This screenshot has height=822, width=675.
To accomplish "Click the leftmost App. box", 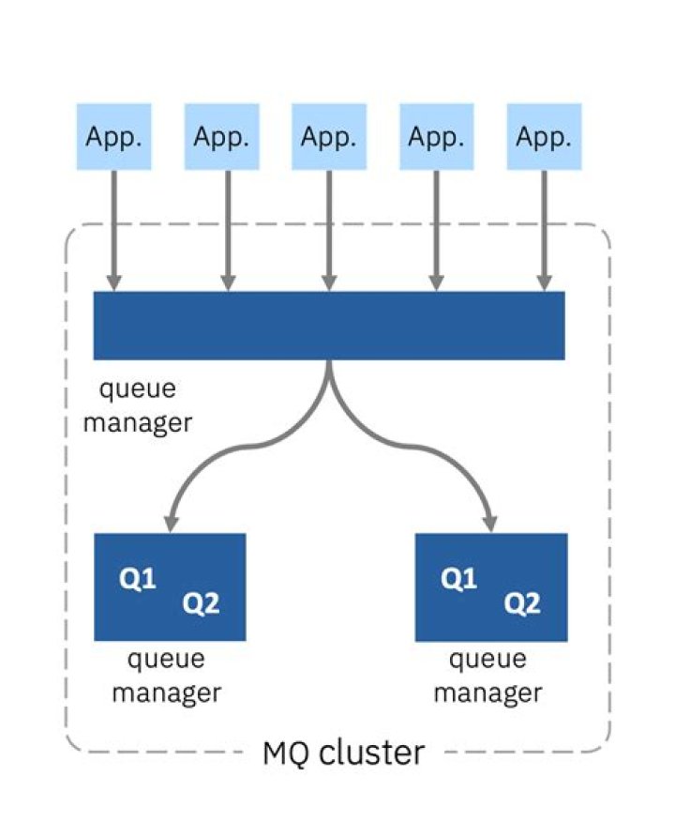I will tap(113, 137).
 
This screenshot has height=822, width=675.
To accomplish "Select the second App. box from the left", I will tap(221, 137).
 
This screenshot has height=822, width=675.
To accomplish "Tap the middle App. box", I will tap(329, 137).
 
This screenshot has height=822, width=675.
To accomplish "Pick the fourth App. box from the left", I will tap(437, 137).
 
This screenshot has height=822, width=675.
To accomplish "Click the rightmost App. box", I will tap(544, 137).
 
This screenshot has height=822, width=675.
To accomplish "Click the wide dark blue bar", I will tap(329, 325).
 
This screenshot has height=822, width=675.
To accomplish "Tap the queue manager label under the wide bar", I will tap(138, 406).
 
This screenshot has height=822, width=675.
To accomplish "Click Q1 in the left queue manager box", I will tap(137, 580).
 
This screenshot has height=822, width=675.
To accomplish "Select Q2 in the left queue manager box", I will tap(200, 603).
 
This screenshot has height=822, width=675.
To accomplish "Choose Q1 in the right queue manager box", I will tap(458, 580).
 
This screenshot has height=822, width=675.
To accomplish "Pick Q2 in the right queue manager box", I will tap(521, 603).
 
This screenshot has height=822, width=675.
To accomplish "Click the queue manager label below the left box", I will tap(167, 676).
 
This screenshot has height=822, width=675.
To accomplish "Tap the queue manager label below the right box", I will tap(488, 676).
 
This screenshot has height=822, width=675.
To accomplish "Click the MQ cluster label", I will tap(343, 752).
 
